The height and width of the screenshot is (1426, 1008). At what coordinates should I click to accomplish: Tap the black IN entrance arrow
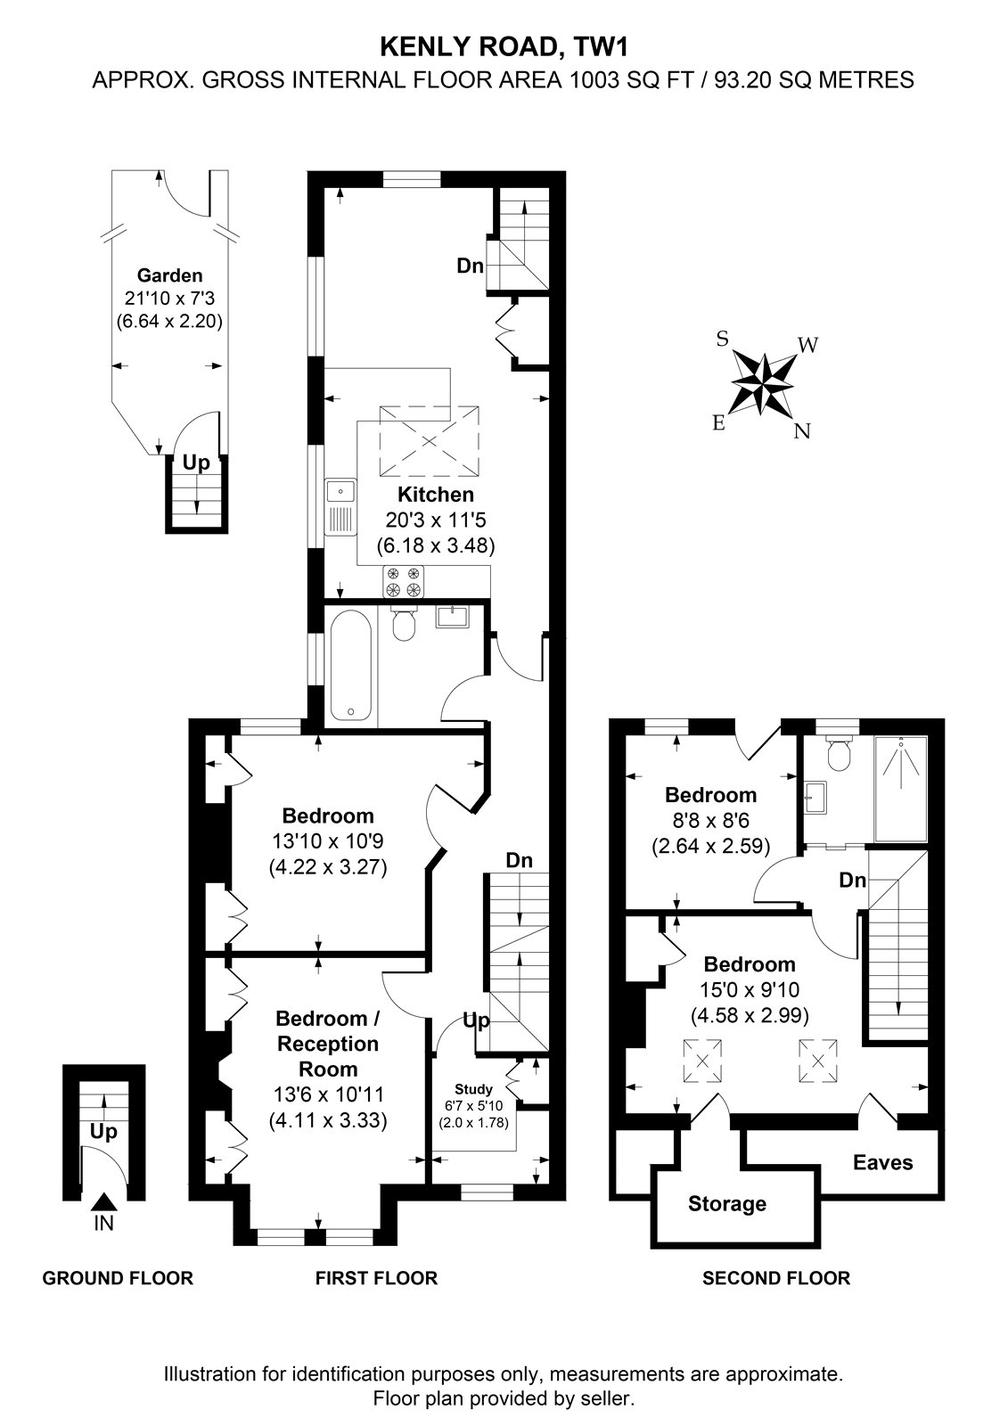click(x=103, y=1202)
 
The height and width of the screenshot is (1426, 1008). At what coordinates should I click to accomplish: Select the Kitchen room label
click(x=436, y=495)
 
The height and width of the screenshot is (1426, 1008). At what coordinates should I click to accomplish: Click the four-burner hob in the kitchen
click(x=404, y=582)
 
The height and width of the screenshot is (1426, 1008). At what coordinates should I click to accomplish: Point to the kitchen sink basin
click(x=341, y=491)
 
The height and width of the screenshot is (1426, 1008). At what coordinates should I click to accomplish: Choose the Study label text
click(x=474, y=1089)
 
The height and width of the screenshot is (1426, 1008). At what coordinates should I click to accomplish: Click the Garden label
click(x=170, y=275)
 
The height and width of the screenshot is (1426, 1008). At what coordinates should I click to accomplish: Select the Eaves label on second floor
click(x=882, y=1163)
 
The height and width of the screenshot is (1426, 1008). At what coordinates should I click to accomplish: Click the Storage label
click(x=727, y=1204)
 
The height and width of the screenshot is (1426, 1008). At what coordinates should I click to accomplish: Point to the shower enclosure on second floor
click(x=901, y=789)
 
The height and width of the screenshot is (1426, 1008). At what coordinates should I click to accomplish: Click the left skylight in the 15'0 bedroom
click(x=702, y=1061)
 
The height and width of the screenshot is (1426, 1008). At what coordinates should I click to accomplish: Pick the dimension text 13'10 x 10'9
click(x=328, y=841)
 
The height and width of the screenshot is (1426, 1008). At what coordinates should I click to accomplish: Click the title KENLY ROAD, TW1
click(x=504, y=47)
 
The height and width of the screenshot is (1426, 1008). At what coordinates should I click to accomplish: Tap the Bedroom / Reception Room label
click(x=328, y=1044)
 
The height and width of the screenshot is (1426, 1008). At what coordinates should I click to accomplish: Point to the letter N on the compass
click(x=802, y=431)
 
